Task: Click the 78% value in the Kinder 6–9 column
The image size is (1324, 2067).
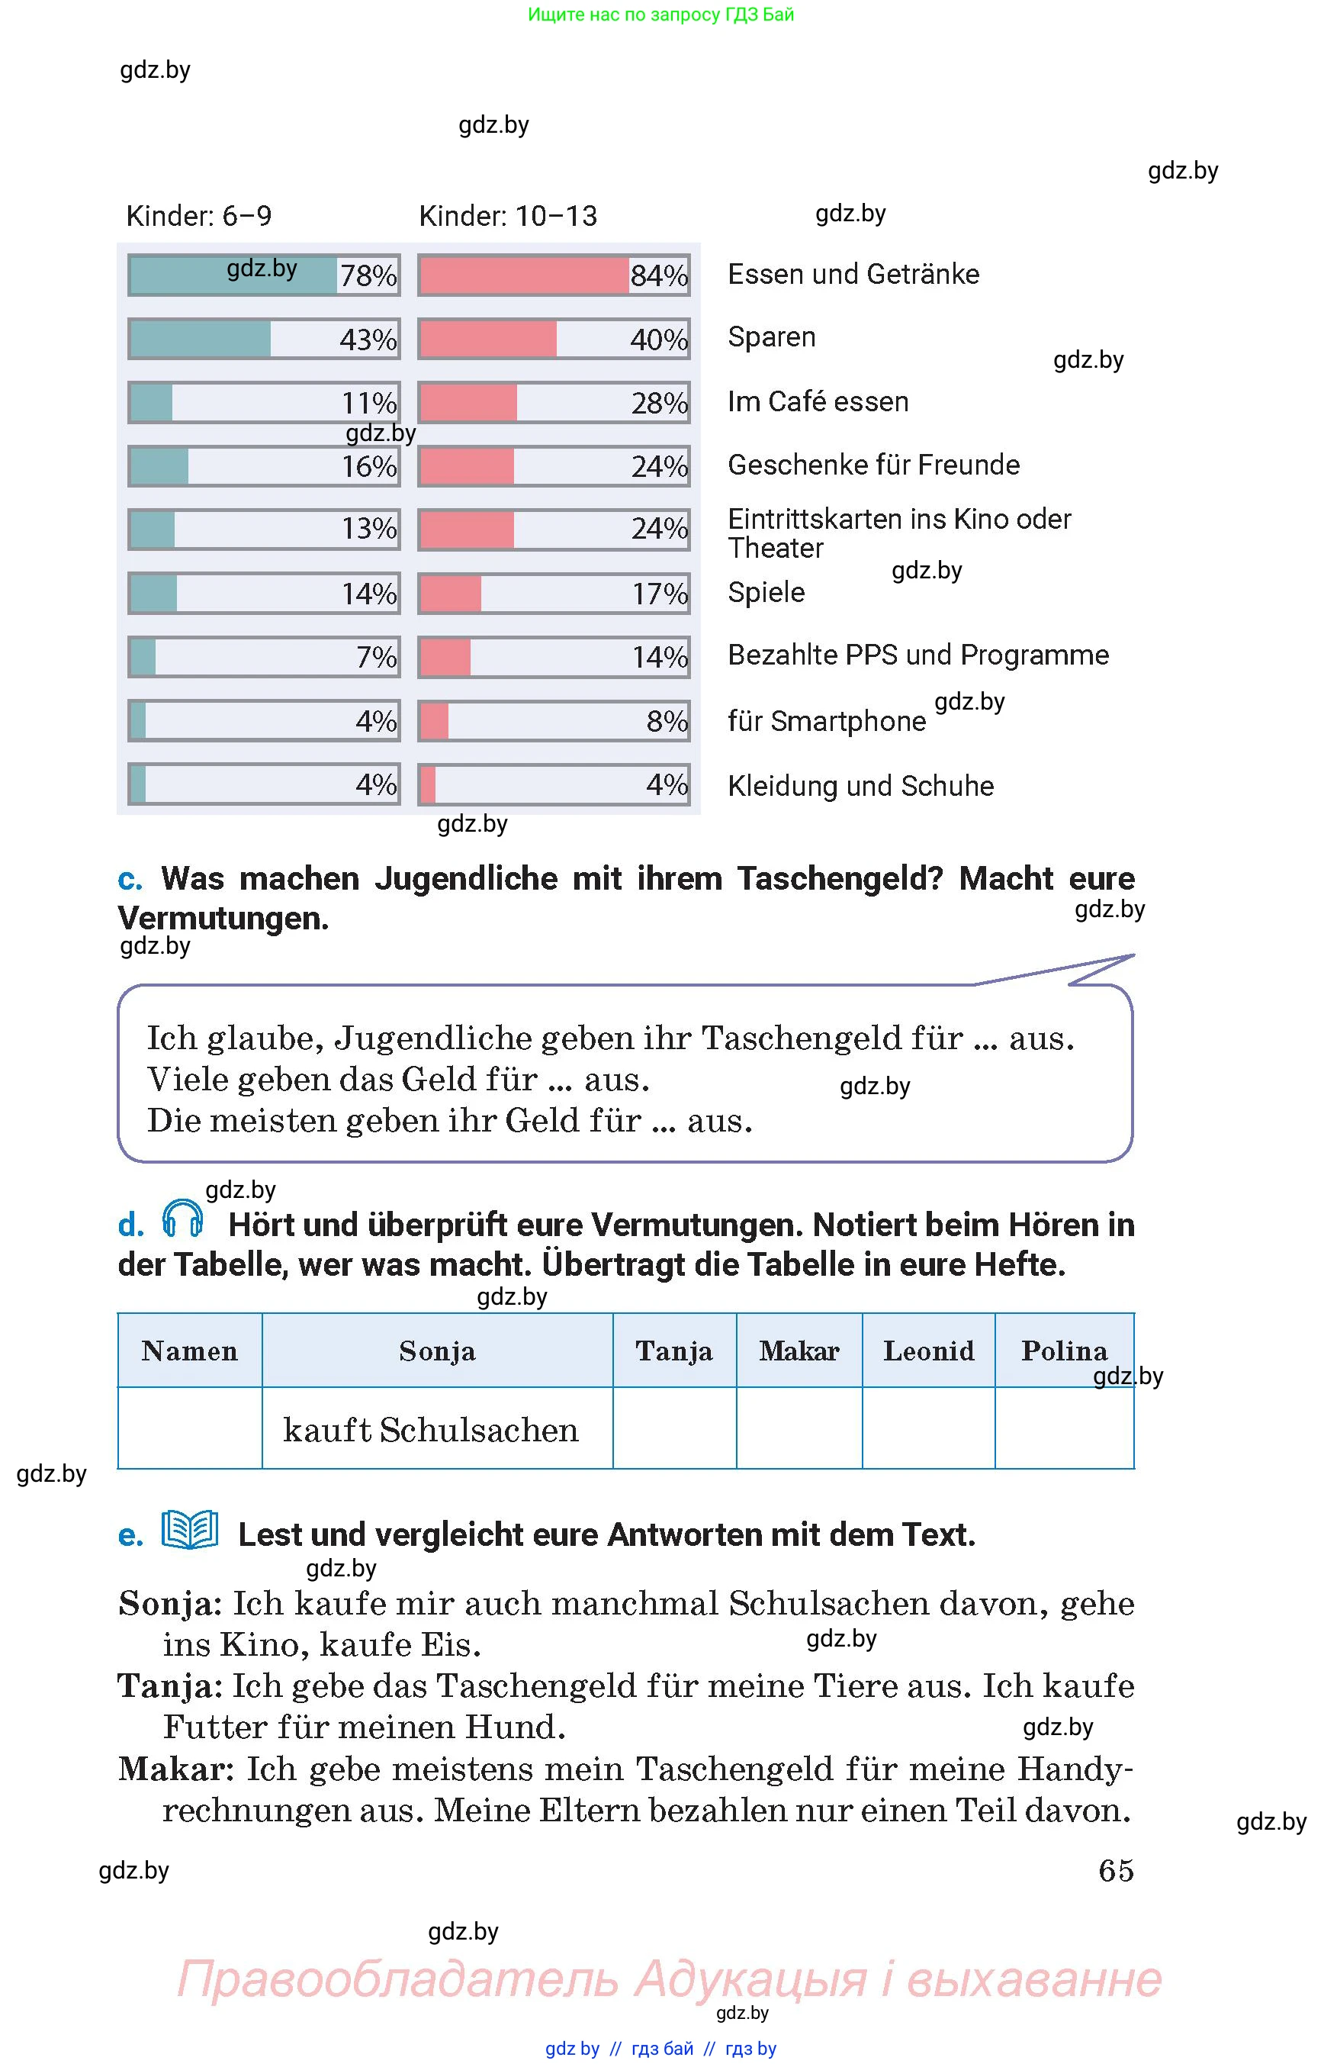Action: (x=368, y=276)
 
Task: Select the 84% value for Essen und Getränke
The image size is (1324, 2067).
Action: (x=658, y=276)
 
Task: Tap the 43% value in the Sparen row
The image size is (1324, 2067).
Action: (x=368, y=340)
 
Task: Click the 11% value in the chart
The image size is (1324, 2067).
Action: (x=369, y=404)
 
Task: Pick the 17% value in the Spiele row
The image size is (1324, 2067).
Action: (x=660, y=594)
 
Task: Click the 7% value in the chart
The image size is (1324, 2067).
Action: (x=377, y=657)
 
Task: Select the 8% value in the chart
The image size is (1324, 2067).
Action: (x=667, y=721)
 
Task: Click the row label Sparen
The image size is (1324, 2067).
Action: (x=771, y=337)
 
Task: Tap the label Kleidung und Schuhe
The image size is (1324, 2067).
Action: (x=860, y=785)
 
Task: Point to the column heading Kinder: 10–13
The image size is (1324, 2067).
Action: (x=507, y=216)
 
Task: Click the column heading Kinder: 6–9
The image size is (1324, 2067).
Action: (x=198, y=216)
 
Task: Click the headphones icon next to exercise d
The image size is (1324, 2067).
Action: (x=182, y=1218)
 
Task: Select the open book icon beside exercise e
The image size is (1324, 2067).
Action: (x=190, y=1531)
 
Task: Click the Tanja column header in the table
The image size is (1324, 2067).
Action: (x=674, y=1351)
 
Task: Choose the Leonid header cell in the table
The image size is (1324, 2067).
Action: (x=928, y=1351)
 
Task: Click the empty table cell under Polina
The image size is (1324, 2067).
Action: (x=1065, y=1428)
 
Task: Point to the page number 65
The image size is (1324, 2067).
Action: (x=1116, y=1870)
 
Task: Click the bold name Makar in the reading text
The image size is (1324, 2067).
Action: (x=175, y=1769)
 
